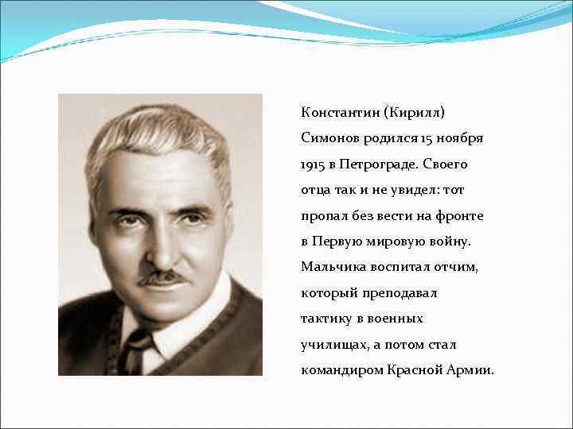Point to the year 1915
[314, 164]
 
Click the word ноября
[463, 138]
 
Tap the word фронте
[462, 215]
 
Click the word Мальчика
[331, 267]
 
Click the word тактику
[326, 319]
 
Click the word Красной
[415, 370]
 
